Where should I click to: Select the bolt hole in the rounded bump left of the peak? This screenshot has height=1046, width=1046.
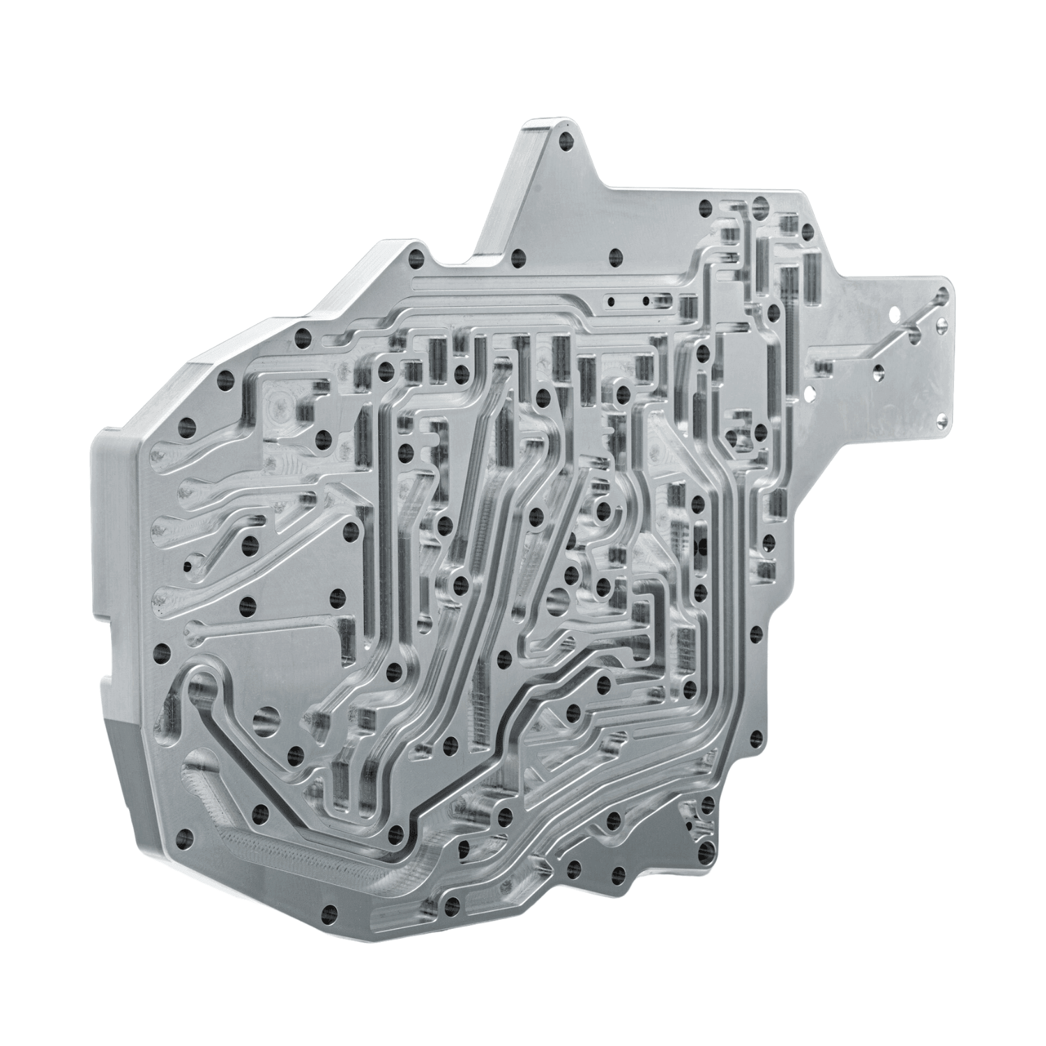point(418,258)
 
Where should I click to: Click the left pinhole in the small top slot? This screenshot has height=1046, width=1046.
point(611,302)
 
